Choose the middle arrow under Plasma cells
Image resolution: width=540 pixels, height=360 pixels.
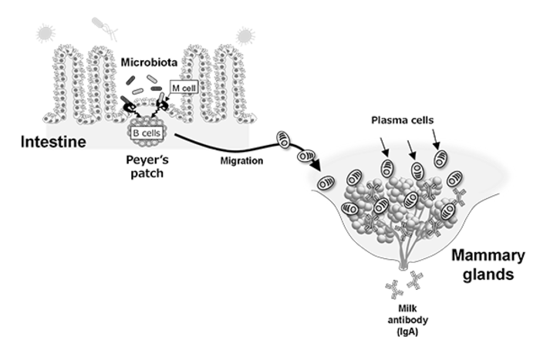[409, 143]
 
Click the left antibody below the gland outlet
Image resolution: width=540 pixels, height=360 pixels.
[391, 288]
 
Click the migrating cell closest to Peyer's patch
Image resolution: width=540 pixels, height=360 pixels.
[283, 140]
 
